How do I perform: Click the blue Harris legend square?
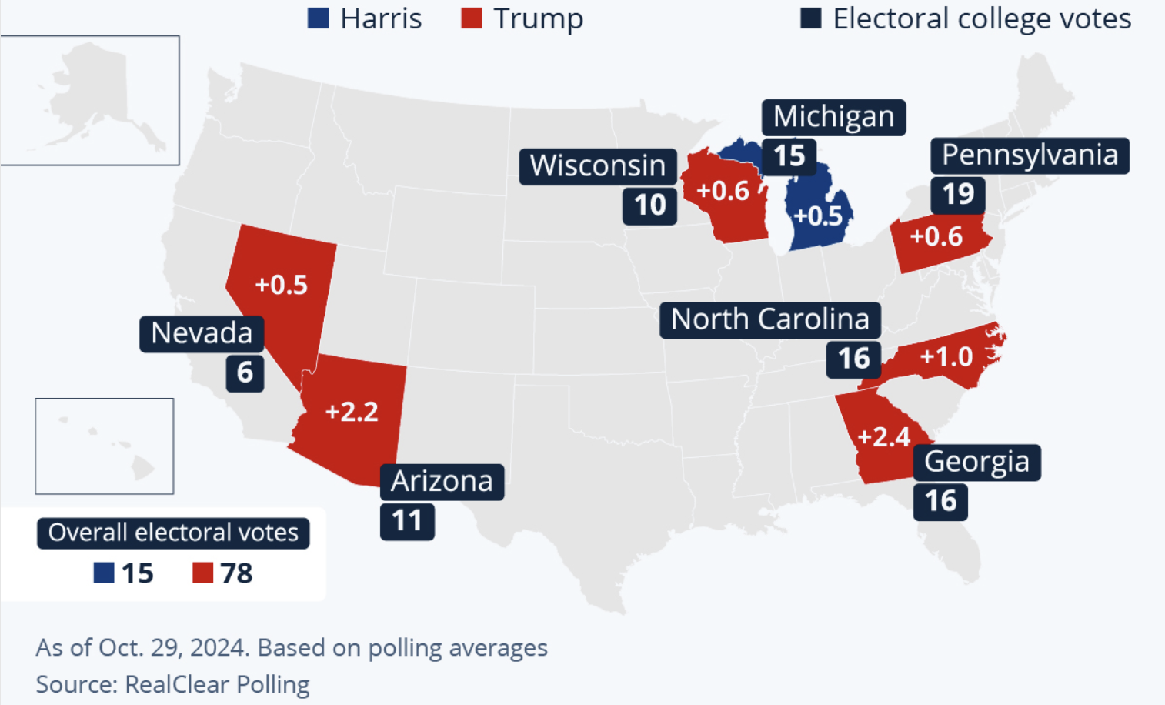click(318, 18)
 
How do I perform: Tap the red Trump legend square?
click(471, 18)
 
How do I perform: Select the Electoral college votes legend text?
click(982, 18)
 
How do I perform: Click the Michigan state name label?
click(833, 117)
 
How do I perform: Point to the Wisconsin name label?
click(597, 166)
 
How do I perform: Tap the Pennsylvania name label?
click(1030, 155)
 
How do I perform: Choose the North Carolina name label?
click(769, 319)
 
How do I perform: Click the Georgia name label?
click(976, 462)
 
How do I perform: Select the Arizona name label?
click(442, 482)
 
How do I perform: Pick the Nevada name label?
click(202, 334)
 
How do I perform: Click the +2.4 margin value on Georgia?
click(883, 437)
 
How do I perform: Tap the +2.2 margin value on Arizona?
click(352, 412)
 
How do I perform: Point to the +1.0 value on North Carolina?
click(946, 356)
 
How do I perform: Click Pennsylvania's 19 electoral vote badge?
click(958, 194)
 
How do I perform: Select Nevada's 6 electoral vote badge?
click(245, 373)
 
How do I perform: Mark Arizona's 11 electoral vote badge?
click(407, 521)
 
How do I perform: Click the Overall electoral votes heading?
click(173, 533)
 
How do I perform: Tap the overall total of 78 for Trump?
click(236, 573)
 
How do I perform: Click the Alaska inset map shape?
click(100, 96)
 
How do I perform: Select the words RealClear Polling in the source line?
click(217, 684)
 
